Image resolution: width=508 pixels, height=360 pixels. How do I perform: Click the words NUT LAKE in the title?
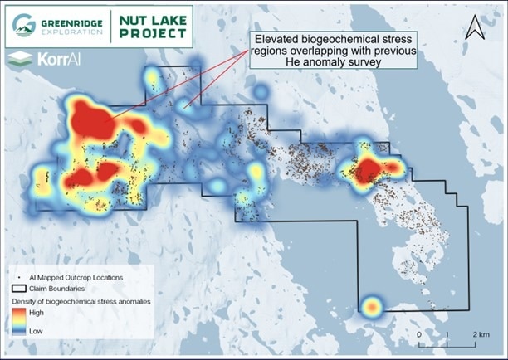coord(154,17)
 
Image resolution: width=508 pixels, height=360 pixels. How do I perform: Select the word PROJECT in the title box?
coord(154,32)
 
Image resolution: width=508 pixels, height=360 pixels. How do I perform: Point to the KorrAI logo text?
coord(49,59)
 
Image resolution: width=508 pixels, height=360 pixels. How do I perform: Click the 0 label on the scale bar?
coord(419,333)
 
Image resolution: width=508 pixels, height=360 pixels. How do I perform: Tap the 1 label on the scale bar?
coord(447,333)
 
